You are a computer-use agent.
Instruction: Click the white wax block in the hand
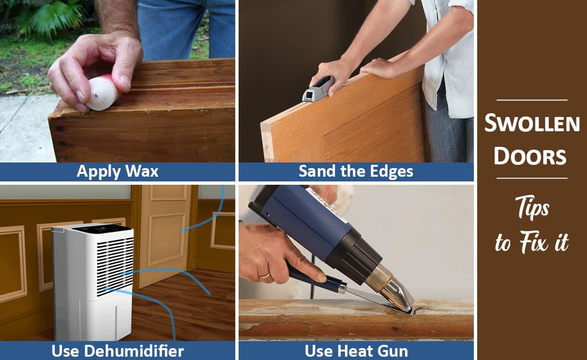point(103,93)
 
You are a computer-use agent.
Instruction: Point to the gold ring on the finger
point(264,275)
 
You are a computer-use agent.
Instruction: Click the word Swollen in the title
point(532,124)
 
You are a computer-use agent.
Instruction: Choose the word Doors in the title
point(530,157)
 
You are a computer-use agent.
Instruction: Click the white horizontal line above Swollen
point(532,100)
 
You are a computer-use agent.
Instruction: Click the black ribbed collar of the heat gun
point(355,253)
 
